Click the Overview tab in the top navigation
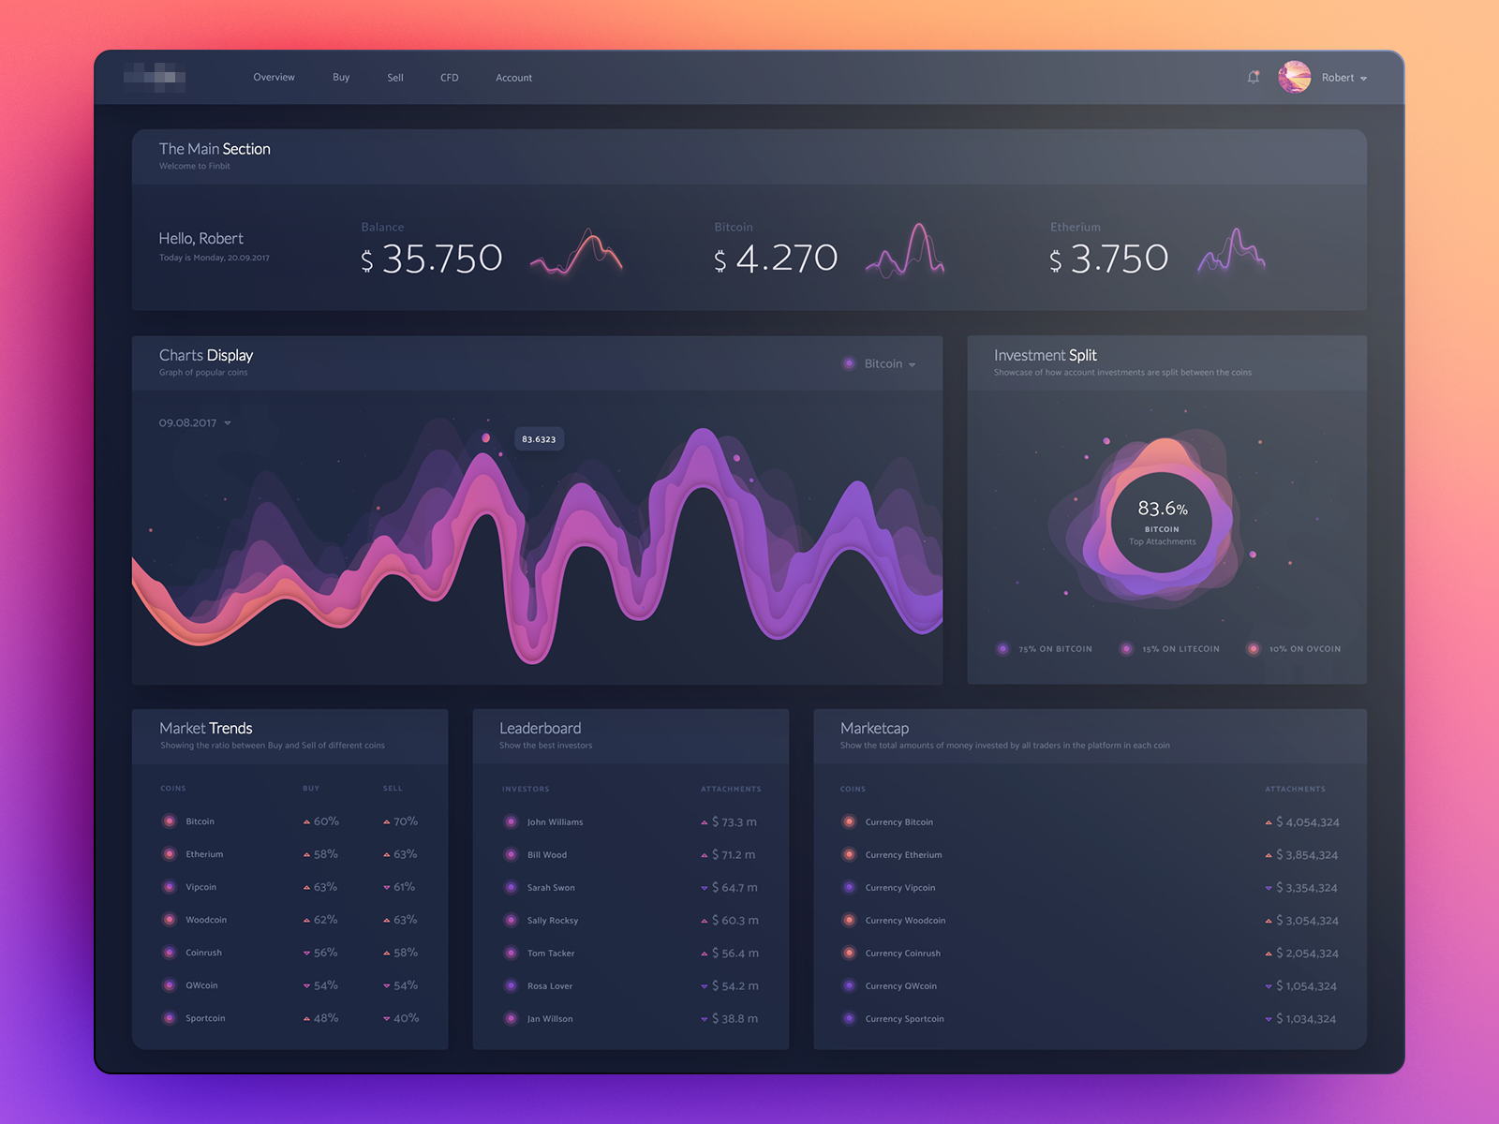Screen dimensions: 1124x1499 [274, 78]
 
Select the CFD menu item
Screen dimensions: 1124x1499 [450, 78]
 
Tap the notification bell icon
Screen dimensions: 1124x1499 [1254, 78]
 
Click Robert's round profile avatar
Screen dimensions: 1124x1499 [1295, 77]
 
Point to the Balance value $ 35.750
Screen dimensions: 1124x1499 [432, 259]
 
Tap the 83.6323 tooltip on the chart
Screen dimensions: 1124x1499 [539, 439]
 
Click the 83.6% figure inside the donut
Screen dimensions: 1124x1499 [1162, 509]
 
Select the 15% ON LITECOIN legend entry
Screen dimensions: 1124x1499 [1180, 649]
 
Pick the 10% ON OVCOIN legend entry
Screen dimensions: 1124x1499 [1303, 649]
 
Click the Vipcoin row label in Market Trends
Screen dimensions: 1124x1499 [200, 887]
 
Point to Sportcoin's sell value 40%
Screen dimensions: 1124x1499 [405, 1018]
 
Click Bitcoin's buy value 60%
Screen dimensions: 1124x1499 [325, 821]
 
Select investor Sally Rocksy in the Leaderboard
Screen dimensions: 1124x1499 [552, 921]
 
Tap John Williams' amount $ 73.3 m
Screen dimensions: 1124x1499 [734, 822]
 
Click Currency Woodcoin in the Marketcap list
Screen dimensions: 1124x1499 [904, 921]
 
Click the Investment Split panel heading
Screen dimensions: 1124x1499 [1045, 356]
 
